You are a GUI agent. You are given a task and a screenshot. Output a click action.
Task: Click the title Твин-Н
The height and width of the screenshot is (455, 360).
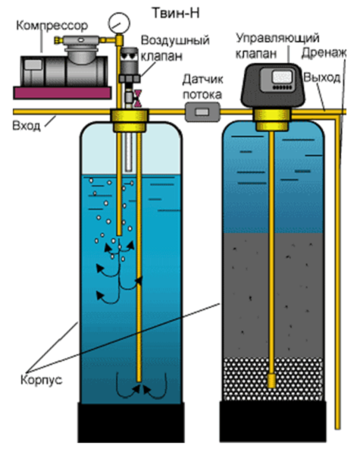(176, 13)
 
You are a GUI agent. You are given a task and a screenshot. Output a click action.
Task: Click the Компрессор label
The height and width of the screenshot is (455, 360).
(52, 26)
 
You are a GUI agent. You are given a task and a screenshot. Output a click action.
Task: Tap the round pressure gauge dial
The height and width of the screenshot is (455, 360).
(119, 23)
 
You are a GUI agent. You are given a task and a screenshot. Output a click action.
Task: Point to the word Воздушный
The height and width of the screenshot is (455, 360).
(175, 40)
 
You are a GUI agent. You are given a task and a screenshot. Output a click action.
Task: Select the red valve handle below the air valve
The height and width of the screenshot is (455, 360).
(138, 99)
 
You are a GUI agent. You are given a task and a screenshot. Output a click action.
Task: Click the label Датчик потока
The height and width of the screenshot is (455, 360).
(202, 87)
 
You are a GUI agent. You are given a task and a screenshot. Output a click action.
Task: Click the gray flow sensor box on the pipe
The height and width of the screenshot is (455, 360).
(202, 111)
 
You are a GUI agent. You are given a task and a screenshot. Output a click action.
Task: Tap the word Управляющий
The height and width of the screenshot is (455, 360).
(277, 39)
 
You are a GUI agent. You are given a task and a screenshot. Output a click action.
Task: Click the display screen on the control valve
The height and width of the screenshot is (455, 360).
(282, 77)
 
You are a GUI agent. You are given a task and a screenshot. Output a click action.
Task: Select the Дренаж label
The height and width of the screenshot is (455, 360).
(324, 53)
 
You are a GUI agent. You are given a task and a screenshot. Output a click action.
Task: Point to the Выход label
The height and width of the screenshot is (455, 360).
(322, 78)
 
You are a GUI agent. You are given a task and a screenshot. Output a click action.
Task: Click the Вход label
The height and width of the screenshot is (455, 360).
(26, 126)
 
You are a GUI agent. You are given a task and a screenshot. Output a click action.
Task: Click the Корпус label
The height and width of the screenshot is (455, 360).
(42, 380)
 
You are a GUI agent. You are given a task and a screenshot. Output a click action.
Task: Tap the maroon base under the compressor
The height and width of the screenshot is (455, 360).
(62, 93)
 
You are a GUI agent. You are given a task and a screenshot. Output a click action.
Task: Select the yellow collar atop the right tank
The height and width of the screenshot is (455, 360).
(271, 120)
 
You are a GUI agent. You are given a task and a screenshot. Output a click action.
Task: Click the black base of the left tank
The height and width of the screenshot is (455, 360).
(131, 422)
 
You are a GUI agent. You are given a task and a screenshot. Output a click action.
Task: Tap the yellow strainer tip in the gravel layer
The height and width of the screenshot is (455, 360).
(271, 381)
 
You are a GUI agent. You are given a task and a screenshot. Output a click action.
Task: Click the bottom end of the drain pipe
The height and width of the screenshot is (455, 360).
(337, 428)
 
